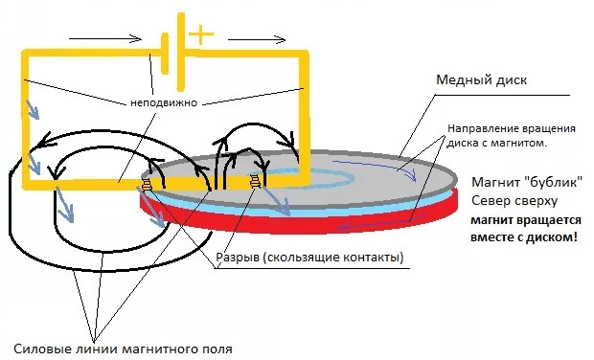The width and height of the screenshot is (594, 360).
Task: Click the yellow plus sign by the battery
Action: [200, 35]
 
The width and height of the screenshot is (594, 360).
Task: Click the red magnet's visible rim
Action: [287, 226]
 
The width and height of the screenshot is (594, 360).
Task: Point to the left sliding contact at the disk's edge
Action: [148, 184]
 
